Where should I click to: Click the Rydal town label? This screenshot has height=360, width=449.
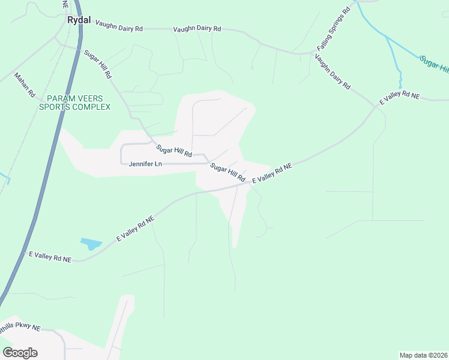79,20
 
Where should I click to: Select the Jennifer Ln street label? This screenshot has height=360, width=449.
145,164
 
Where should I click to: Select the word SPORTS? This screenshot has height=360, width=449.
55,107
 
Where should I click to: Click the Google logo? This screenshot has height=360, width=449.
20,352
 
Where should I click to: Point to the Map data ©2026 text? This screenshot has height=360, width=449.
423,355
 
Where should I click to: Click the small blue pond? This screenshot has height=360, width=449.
91,244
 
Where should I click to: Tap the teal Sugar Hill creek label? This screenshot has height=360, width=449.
433,63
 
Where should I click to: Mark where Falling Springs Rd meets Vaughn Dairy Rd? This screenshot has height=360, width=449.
313,53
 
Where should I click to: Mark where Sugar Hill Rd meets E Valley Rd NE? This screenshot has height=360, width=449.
248,184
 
